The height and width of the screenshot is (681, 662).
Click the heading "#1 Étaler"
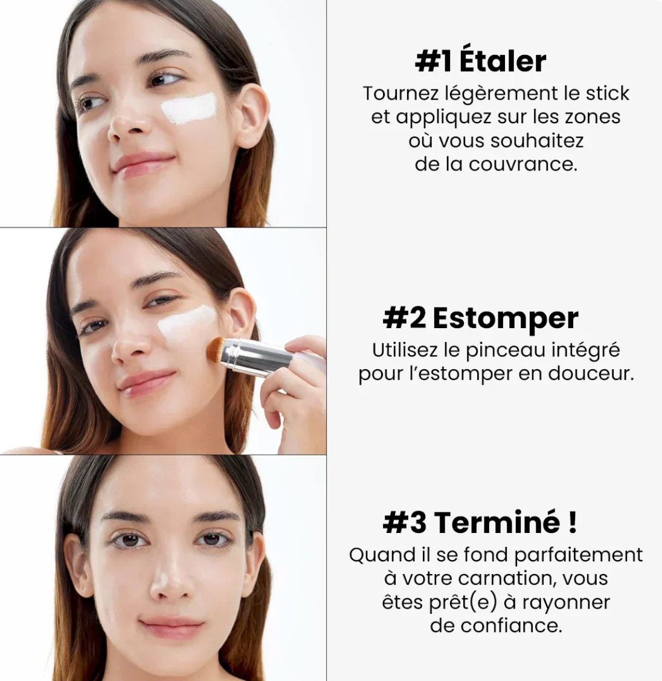(x=481, y=61)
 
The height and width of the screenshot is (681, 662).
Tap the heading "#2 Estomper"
(x=481, y=318)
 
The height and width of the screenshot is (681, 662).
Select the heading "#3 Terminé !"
(x=480, y=522)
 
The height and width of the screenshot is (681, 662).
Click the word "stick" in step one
(x=607, y=94)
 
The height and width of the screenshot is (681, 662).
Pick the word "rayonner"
(x=566, y=602)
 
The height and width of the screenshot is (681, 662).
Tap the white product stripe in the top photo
(x=189, y=108)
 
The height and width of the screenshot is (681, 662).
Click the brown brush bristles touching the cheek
(x=216, y=349)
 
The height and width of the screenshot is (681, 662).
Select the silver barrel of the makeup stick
(x=260, y=358)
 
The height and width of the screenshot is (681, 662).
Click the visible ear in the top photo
(x=251, y=115)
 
